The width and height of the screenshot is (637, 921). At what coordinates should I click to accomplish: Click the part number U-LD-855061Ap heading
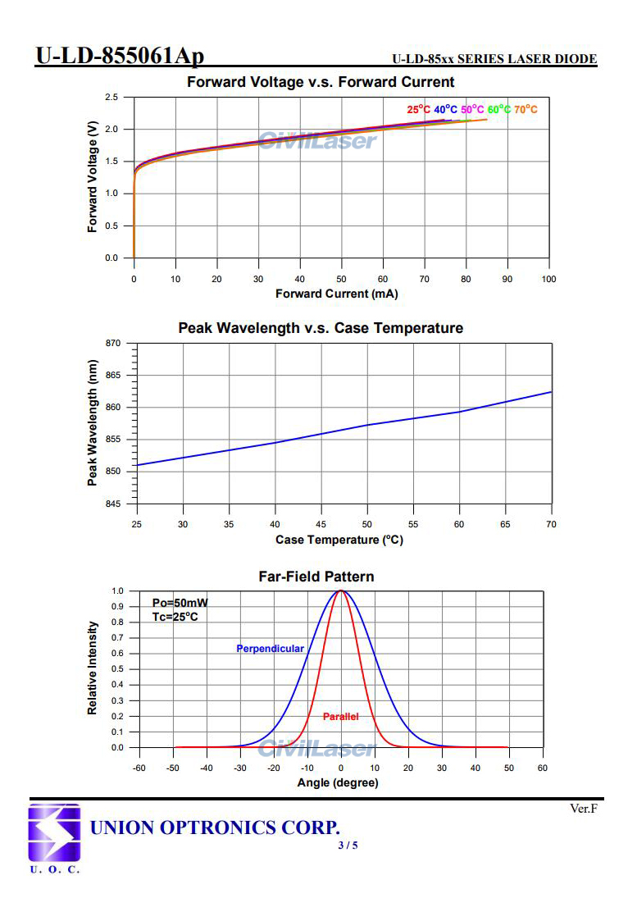pos(120,56)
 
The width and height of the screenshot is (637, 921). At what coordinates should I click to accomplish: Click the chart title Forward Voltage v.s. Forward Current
pos(321,82)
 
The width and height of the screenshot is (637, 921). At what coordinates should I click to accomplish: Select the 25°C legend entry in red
pos(418,110)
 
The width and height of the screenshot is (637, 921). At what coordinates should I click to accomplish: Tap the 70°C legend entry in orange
pos(526,110)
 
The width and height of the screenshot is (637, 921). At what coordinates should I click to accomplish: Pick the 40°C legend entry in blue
pos(445,110)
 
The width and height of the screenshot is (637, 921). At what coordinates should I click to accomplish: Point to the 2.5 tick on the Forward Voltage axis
pos(111,98)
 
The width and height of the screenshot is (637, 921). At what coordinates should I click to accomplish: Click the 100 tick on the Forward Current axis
pos(548,279)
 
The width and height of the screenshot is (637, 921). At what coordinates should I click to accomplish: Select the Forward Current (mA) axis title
pos(336,294)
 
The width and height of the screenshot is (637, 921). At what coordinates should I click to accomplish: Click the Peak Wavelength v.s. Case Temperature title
pos(321,328)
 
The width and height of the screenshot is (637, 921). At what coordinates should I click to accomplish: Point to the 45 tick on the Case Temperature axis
pos(321,524)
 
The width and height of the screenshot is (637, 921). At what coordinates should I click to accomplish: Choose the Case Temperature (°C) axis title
pos(339,540)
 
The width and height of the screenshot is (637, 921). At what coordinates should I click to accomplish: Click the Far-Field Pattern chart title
pos(316,577)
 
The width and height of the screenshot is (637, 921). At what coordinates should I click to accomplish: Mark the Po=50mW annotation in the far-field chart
pos(175,603)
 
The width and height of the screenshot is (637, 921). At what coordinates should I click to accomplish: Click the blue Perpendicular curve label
pos(270,649)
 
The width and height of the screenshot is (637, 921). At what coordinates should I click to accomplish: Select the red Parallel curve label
pos(340,717)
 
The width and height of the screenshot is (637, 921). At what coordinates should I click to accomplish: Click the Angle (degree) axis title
pos(337,783)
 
